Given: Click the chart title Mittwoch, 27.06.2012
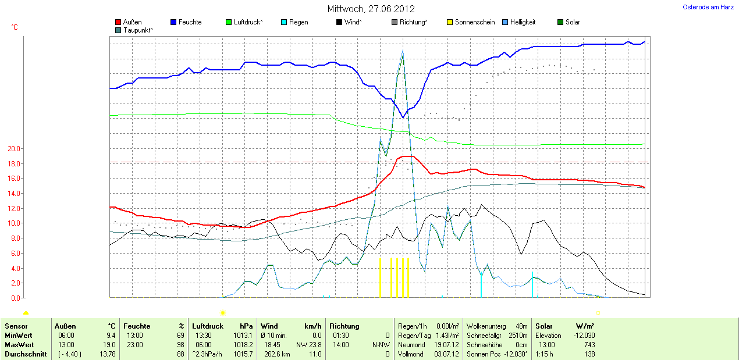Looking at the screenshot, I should click(x=371, y=9).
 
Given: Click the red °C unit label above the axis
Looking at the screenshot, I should click(x=15, y=27).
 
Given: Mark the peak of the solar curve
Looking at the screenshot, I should click(x=403, y=52).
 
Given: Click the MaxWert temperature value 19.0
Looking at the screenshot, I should click(x=109, y=345).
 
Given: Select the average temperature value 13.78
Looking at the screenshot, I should click(x=107, y=354).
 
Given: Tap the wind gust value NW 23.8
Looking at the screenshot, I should click(x=308, y=345).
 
